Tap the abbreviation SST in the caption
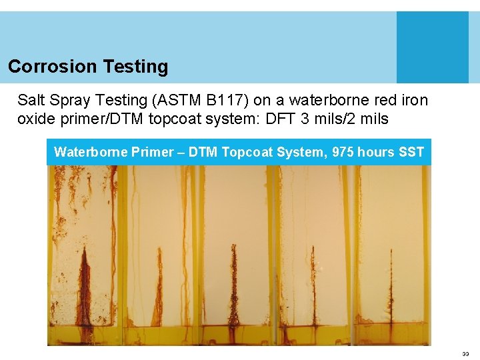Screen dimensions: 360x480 click(x=410, y=152)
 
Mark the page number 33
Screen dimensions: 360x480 click(x=465, y=354)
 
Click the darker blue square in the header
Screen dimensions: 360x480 click(x=432, y=47)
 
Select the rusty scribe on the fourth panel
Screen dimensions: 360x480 click(x=311, y=283)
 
